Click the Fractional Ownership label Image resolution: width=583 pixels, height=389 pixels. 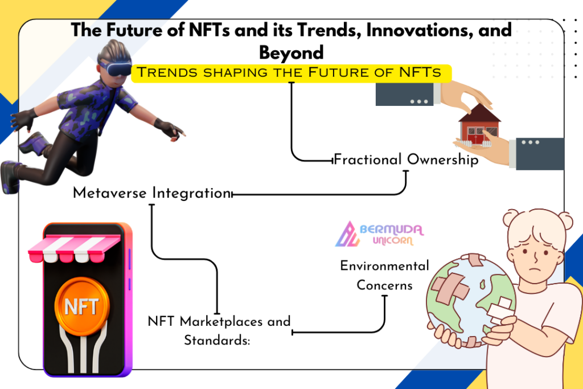click(406, 159)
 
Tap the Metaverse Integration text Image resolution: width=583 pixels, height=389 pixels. click(151, 193)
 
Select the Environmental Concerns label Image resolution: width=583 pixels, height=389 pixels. click(385, 275)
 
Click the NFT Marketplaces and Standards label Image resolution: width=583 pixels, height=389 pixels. click(219, 330)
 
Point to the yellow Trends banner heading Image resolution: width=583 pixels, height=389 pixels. click(291, 73)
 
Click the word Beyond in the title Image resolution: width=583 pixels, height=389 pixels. click(291, 52)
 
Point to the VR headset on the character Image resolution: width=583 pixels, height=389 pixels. click(114, 69)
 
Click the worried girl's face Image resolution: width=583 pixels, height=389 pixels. click(535, 252)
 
